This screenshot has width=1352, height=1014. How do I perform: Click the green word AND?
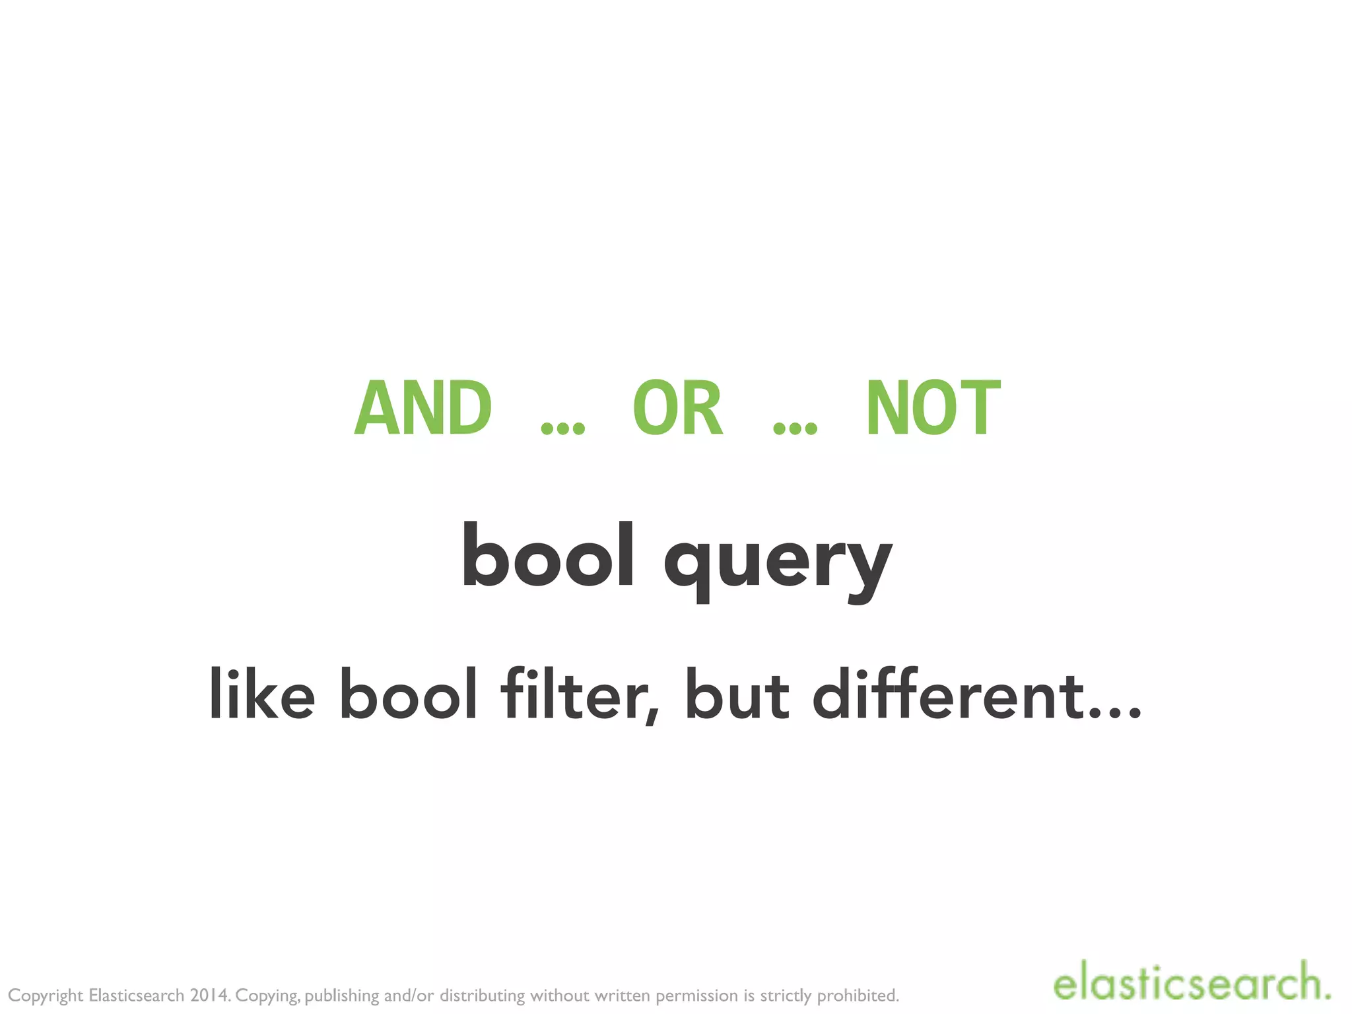pyautogui.click(x=423, y=407)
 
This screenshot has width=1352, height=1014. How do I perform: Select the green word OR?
pyautogui.click(x=678, y=407)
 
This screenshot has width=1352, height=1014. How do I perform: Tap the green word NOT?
pyautogui.click(x=933, y=407)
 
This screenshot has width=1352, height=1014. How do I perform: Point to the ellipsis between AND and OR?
pyautogui.click(x=562, y=428)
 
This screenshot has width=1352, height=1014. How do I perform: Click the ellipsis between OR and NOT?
pyautogui.click(x=795, y=428)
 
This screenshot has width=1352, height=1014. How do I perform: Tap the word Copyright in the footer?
pyautogui.click(x=46, y=996)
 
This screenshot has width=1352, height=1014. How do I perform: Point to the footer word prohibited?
pyautogui.click(x=858, y=995)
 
